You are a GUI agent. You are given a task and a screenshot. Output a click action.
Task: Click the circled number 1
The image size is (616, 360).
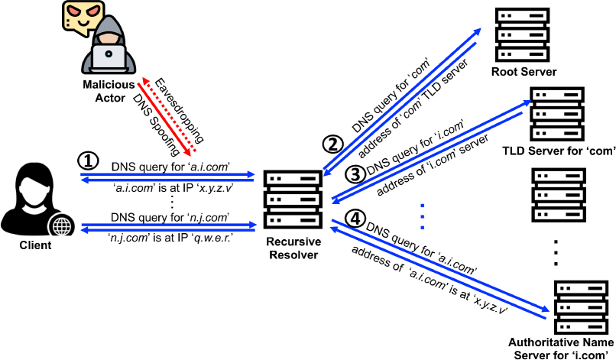coord(89,161)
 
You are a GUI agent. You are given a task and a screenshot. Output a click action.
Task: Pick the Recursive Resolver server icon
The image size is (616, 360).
coord(292,200)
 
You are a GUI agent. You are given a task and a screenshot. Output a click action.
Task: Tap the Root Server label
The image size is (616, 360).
coord(524,72)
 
